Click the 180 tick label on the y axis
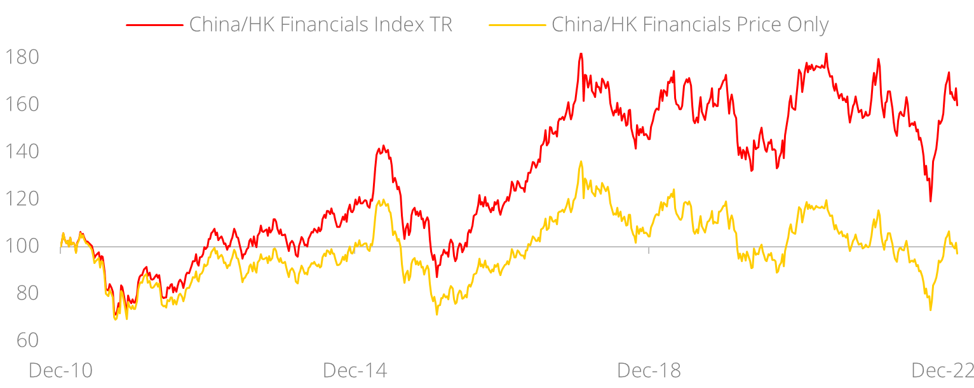coord(22,57)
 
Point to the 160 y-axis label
coord(22,104)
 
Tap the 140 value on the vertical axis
coord(22,151)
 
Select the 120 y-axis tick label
coord(22,199)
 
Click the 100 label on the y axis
coord(22,246)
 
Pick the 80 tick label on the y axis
coord(24,293)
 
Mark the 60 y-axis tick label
coord(24,340)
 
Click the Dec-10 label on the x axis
coord(61,371)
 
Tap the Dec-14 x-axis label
coord(355,371)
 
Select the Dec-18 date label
coord(649,371)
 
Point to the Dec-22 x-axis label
coord(943,371)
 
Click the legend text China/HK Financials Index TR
coord(321,25)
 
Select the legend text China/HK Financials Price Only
coord(690,25)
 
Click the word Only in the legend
coord(806,25)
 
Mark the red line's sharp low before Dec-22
coord(931,202)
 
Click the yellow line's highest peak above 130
coord(581,162)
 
